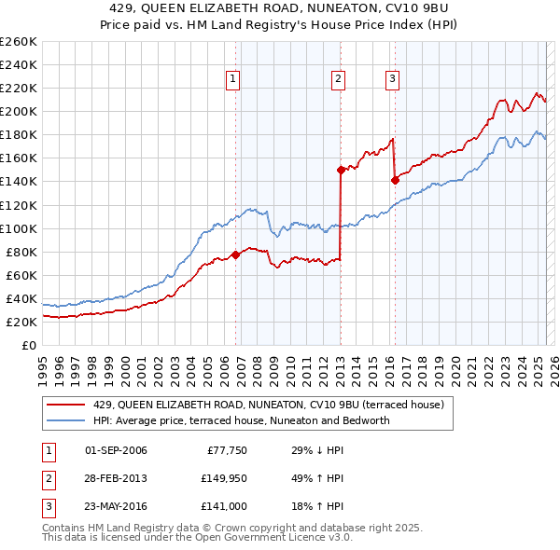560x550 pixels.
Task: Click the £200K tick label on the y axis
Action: point(19,111)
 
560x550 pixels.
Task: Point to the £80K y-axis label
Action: point(21,252)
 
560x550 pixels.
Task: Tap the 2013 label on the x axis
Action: point(340,364)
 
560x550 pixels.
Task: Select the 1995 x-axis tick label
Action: point(43,364)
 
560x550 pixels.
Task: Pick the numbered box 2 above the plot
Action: point(338,79)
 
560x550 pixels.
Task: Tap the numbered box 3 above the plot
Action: point(392,79)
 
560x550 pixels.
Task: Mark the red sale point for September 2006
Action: point(235,254)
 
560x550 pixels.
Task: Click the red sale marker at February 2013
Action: point(342,170)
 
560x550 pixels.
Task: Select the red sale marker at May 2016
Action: point(395,180)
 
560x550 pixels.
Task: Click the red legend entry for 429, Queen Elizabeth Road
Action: point(273,405)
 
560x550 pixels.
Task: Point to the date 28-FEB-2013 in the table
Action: point(116,478)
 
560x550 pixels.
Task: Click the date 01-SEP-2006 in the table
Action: point(116,451)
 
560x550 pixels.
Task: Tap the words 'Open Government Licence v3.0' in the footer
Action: point(274,538)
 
